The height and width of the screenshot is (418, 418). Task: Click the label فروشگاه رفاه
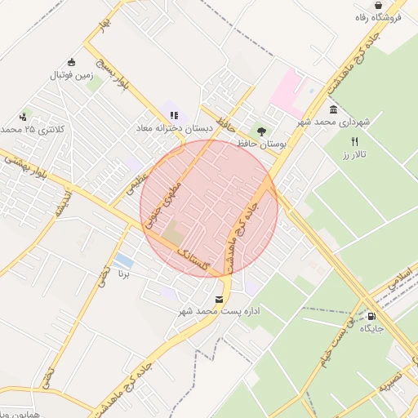[x=377, y=17]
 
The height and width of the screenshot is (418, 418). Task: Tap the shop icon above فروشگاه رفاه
[x=400, y=5]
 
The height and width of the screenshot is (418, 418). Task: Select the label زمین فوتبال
[x=73, y=75]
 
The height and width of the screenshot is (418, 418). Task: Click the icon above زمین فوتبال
[x=72, y=62]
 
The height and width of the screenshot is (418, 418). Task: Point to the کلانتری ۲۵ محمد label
[x=33, y=129]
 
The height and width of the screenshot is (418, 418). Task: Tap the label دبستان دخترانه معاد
[x=174, y=128]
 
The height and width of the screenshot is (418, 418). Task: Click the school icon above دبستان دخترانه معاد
[x=173, y=115]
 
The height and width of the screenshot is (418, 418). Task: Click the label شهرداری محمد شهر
[x=334, y=122]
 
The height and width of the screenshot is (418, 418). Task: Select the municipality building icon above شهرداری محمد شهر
[x=333, y=110]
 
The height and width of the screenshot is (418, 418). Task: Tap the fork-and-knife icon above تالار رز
[x=354, y=142]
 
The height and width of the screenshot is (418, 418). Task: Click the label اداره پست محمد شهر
[x=219, y=311]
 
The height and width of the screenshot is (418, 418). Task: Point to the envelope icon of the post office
[x=218, y=299]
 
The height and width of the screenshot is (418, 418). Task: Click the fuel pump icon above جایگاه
[x=372, y=317]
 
